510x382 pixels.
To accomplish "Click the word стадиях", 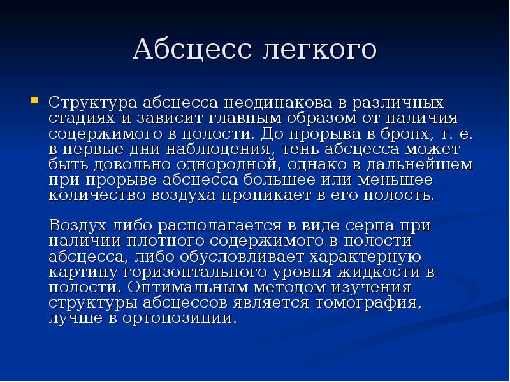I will point(76,118).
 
